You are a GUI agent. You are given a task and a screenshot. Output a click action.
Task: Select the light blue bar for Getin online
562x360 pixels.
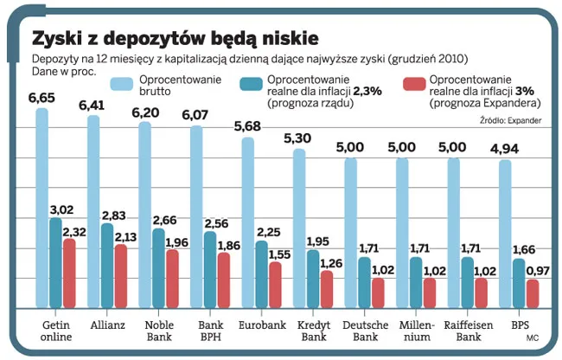tap(42, 208)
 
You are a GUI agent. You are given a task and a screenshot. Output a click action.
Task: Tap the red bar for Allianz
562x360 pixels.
tap(121, 277)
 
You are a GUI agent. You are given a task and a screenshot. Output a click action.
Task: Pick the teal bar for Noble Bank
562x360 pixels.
tap(158, 268)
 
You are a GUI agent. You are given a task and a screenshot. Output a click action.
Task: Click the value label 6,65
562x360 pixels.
tap(42, 99)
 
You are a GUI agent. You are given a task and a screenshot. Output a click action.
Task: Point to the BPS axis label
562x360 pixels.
tap(520, 325)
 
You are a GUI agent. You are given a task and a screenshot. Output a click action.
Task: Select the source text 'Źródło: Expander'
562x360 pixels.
tap(510, 120)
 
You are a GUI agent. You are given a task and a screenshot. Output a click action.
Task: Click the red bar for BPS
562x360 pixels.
tap(533, 293)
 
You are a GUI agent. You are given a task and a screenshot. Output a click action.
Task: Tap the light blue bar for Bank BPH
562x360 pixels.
tap(196, 216)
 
